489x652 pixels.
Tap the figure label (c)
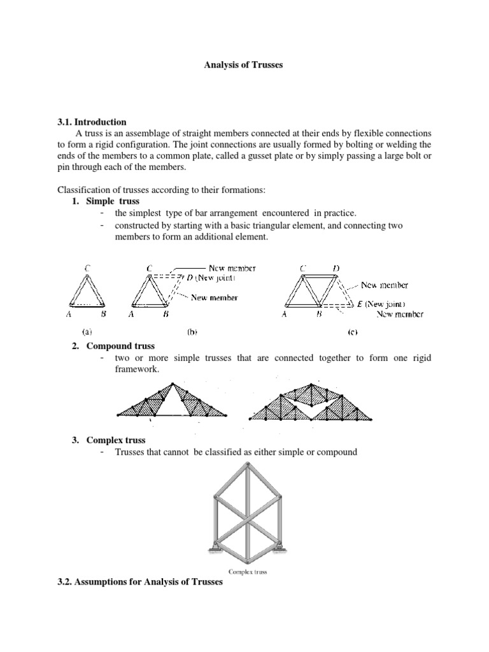pyautogui.click(x=351, y=332)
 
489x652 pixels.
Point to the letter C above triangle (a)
pyautogui.click(x=86, y=269)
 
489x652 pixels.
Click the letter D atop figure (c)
pyautogui.click(x=335, y=269)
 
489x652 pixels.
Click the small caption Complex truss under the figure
pyautogui.click(x=244, y=571)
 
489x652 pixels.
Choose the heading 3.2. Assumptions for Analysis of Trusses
pyautogui.click(x=140, y=583)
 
